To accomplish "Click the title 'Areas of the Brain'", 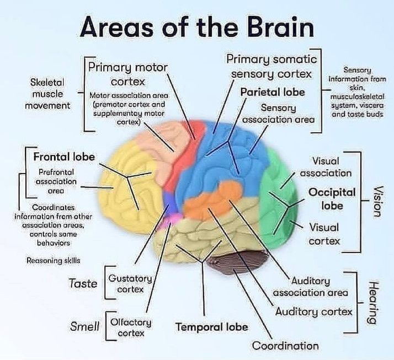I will (x=196, y=26).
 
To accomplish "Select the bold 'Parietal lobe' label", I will (x=272, y=92).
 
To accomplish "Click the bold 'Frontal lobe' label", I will (x=64, y=157).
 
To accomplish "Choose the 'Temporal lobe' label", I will (x=211, y=327).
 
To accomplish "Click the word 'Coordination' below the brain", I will (x=285, y=346).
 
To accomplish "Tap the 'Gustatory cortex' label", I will (x=126, y=283).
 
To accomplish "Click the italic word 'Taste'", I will (x=83, y=283).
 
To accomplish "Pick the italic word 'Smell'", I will (x=85, y=326).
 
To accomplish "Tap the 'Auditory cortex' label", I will (x=313, y=311).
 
